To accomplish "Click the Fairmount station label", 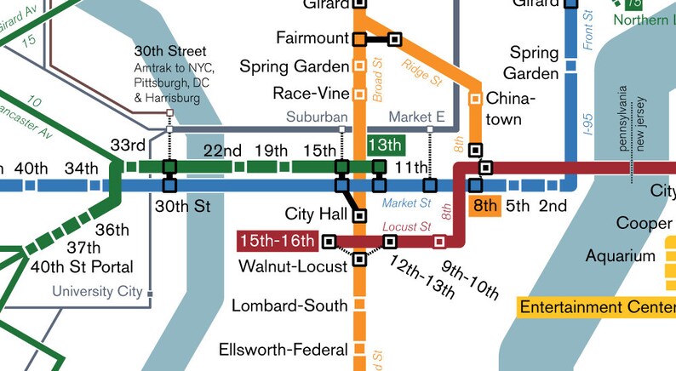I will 312,38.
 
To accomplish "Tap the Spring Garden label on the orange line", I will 295,66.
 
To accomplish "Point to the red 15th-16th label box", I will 277,241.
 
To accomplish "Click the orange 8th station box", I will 484,205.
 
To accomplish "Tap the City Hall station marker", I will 359,215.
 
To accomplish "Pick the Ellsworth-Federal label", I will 284,349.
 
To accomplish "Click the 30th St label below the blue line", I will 182,205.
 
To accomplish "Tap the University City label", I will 97,292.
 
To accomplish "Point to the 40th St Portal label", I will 82,266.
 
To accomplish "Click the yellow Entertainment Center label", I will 597,307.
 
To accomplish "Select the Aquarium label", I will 620,256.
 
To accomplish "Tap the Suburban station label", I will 317,117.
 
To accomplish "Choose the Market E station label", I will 417,117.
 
